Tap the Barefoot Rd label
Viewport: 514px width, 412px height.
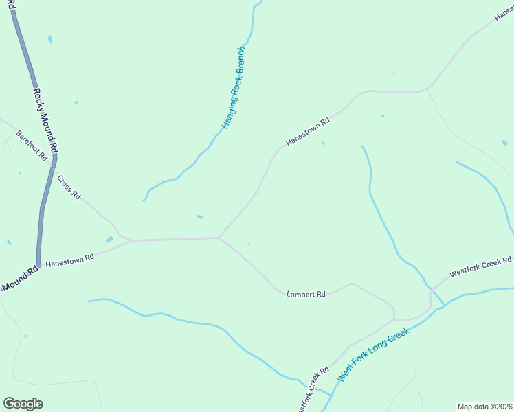click(32, 146)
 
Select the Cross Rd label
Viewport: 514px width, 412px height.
click(69, 187)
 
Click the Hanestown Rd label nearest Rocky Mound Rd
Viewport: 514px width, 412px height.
click(69, 260)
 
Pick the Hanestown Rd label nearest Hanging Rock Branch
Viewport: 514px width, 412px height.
click(308, 131)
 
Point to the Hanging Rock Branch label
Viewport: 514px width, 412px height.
click(233, 88)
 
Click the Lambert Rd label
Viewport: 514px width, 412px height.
click(306, 294)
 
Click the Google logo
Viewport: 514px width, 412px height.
click(23, 404)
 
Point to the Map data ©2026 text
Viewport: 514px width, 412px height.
click(484, 407)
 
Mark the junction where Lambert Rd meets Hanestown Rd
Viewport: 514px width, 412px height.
click(219, 238)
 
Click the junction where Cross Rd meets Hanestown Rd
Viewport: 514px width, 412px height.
click(131, 240)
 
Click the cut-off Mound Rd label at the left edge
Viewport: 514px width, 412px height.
click(19, 279)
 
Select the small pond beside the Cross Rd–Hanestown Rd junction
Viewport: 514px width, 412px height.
click(109, 239)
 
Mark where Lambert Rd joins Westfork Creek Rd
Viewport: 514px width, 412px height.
click(394, 319)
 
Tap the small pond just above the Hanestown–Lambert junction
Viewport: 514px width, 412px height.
click(200, 217)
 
